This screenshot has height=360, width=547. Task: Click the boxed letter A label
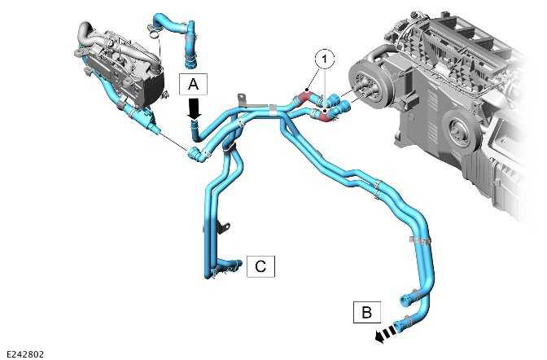coord(193,84)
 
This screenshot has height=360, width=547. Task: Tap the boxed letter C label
coord(260,266)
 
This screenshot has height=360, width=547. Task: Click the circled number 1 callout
coord(324,58)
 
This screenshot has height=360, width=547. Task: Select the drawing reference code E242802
coord(24,353)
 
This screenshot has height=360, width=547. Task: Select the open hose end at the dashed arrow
coord(403,323)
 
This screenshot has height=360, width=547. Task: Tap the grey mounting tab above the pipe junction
coord(240,102)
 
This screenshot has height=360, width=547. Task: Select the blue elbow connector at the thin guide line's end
coord(195,154)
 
